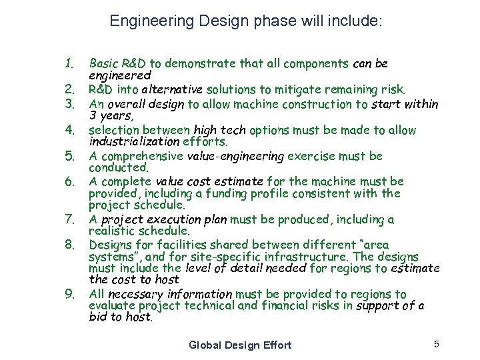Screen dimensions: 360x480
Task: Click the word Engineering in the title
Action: pyautogui.click(x=141, y=21)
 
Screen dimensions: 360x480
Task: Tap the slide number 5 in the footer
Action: pyautogui.click(x=436, y=344)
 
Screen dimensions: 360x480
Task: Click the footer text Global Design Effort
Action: pyautogui.click(x=240, y=345)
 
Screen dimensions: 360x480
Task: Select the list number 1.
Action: pyautogui.click(x=68, y=64)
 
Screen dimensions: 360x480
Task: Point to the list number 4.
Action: pyautogui.click(x=69, y=130)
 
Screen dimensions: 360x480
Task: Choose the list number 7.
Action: pyautogui.click(x=69, y=219)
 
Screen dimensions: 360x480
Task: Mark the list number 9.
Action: pyautogui.click(x=69, y=294)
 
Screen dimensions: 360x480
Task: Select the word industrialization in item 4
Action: pyautogui.click(x=134, y=142)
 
